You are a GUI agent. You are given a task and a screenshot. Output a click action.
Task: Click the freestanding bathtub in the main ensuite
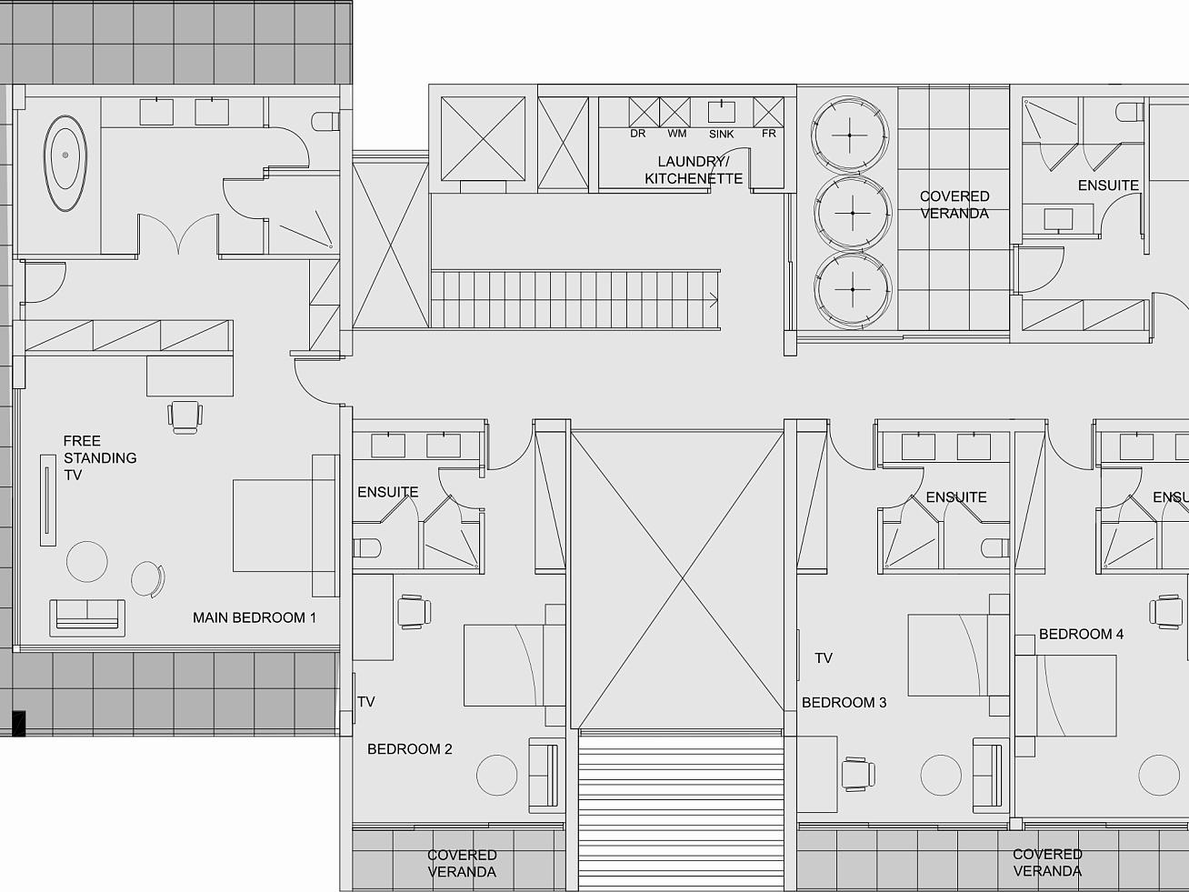click(65, 163)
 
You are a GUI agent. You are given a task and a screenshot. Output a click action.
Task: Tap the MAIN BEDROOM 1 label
click(254, 617)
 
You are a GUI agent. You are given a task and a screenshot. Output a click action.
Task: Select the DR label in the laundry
click(637, 134)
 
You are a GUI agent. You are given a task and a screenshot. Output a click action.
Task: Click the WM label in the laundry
click(677, 134)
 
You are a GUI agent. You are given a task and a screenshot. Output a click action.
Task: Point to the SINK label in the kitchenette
click(722, 134)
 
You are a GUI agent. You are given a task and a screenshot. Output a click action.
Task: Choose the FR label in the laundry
click(769, 134)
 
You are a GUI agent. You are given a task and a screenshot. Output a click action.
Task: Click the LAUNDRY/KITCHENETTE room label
click(694, 170)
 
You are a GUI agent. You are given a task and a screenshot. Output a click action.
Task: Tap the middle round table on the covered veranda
click(853, 213)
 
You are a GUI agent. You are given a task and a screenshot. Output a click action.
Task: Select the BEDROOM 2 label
click(410, 749)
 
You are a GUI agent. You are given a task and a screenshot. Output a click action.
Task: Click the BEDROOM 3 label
click(844, 703)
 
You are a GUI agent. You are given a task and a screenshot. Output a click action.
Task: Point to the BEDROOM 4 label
click(1081, 634)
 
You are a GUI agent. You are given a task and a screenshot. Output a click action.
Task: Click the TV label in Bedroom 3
click(824, 658)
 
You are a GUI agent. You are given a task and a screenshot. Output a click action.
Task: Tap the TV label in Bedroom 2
click(366, 702)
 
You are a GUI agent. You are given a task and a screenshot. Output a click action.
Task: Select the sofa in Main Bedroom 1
click(87, 617)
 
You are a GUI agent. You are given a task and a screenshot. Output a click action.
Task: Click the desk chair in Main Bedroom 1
click(185, 417)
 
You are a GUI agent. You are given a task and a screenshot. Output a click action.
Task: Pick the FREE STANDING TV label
click(100, 457)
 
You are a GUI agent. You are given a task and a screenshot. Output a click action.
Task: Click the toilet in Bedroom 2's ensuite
click(367, 548)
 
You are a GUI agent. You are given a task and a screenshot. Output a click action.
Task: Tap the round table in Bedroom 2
click(496, 775)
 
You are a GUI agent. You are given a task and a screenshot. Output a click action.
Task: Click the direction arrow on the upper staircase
click(714, 299)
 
